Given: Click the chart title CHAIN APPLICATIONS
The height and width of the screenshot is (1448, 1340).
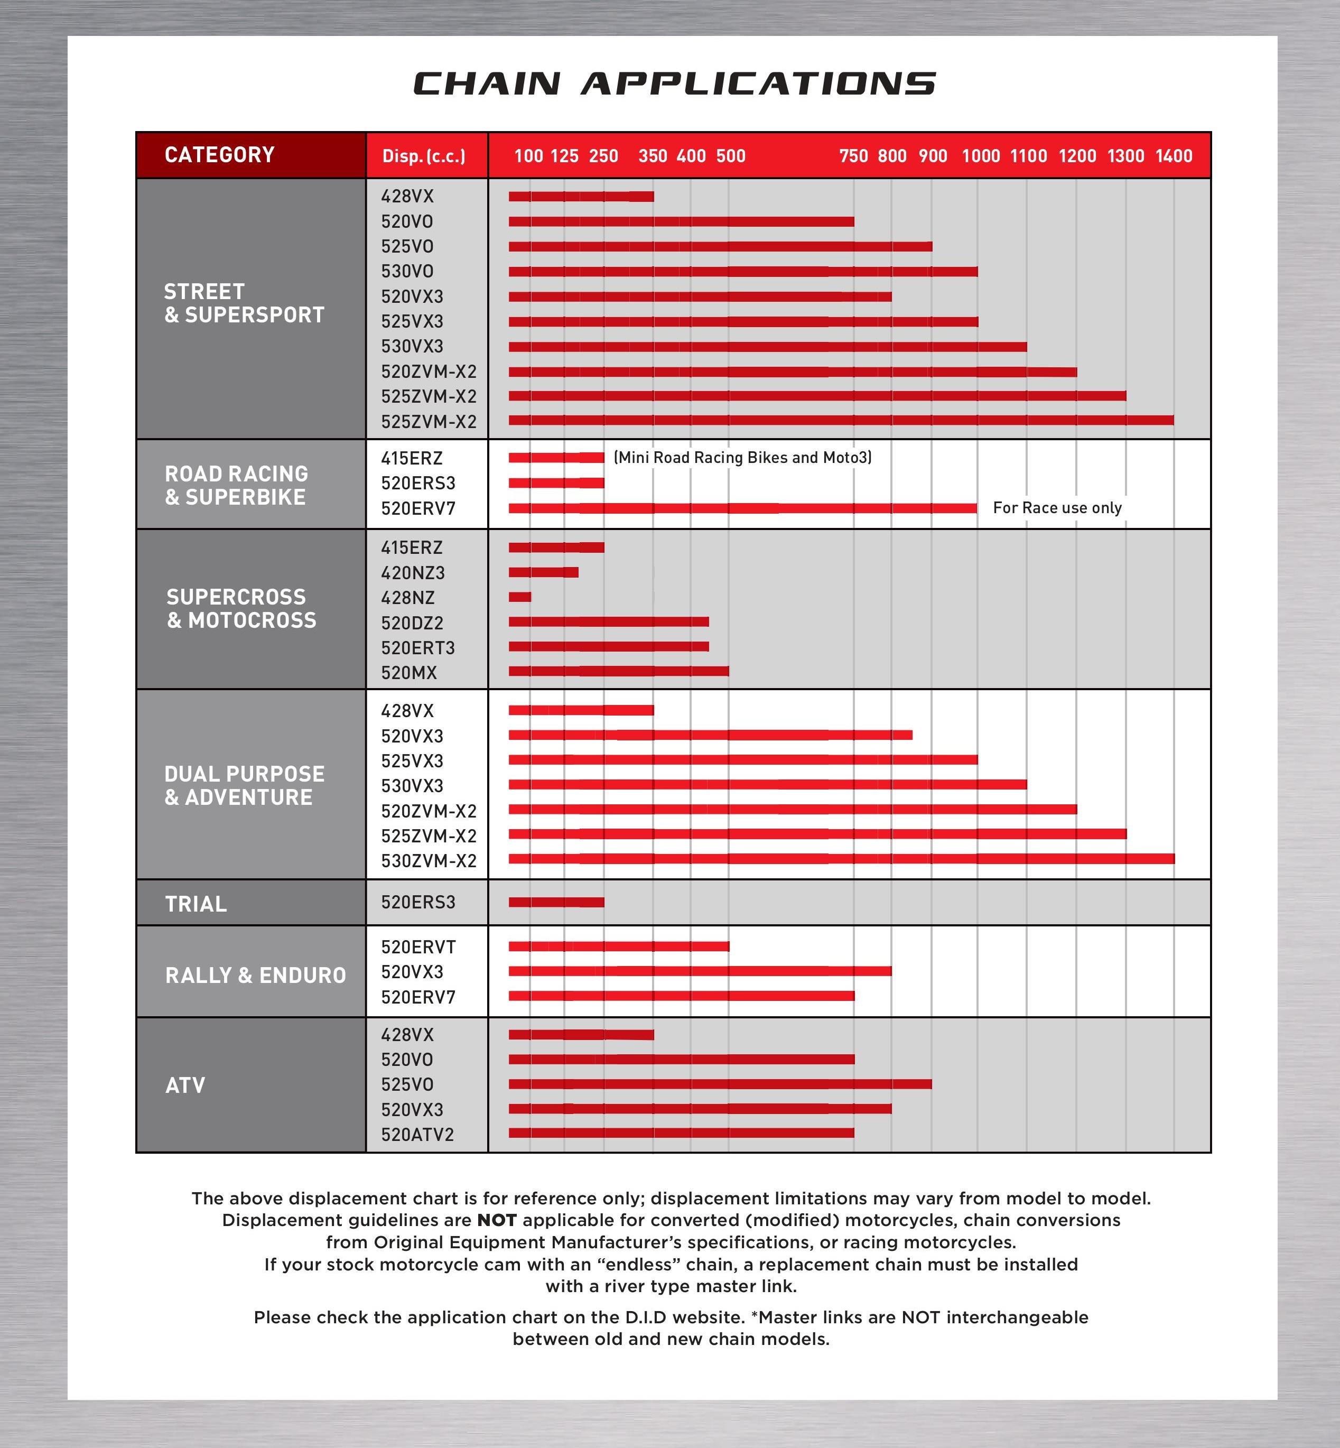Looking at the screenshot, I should pyautogui.click(x=674, y=83).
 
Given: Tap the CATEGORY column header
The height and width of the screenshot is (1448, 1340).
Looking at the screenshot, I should pyautogui.click(x=220, y=155).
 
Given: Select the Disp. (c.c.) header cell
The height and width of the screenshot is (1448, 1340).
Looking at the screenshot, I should pyautogui.click(x=424, y=156).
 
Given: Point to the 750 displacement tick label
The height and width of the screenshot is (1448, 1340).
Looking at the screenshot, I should pyautogui.click(x=853, y=156).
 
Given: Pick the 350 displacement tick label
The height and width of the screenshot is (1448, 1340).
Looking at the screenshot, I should pyautogui.click(x=653, y=156).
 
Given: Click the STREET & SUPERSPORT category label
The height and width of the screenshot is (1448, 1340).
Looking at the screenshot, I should pyautogui.click(x=244, y=303).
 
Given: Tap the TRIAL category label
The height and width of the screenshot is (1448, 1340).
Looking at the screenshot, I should pyautogui.click(x=196, y=904).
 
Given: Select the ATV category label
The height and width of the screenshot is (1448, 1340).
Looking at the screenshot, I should pyautogui.click(x=185, y=1085).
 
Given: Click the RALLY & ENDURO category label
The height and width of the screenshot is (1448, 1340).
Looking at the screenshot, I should pyautogui.click(x=255, y=975).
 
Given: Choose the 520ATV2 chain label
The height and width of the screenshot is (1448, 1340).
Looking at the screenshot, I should pyautogui.click(x=417, y=1135).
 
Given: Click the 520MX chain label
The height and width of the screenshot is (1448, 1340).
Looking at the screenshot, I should pyautogui.click(x=409, y=673).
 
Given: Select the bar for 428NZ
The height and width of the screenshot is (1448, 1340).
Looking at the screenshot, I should pyautogui.click(x=520, y=597).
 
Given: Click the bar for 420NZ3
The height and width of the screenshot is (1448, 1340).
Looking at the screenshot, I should pyautogui.click(x=543, y=572).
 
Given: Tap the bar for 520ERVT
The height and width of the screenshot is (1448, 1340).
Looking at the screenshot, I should pyautogui.click(x=619, y=946).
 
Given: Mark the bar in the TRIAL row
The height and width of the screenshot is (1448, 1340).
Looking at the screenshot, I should pyautogui.click(x=556, y=902).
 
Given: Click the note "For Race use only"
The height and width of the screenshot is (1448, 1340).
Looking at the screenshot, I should pyautogui.click(x=1057, y=507).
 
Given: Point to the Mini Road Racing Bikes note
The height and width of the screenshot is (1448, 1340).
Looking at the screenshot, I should pyautogui.click(x=742, y=458).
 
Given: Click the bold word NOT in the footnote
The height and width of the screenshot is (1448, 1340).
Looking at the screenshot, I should pyautogui.click(x=497, y=1220).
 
